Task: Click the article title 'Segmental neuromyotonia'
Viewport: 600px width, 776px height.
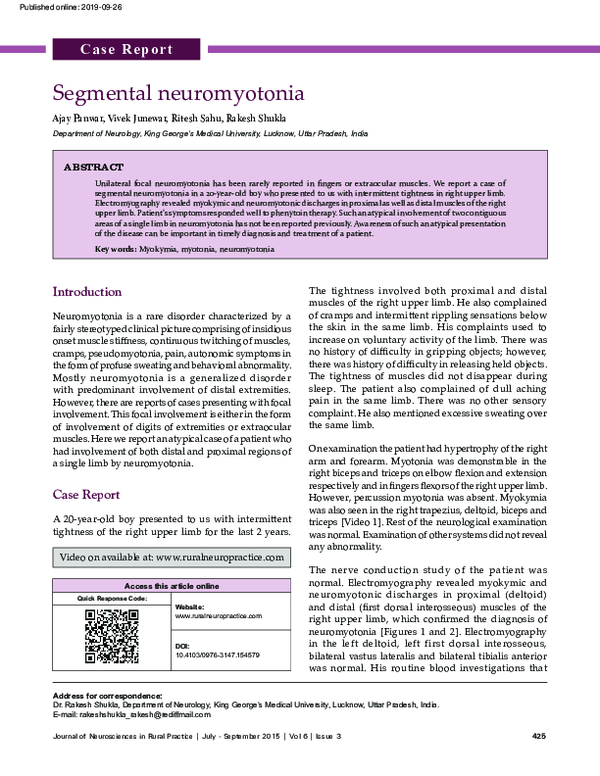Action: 177,94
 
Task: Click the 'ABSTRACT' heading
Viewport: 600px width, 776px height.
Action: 94,167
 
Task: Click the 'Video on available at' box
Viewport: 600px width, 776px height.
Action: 173,556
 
